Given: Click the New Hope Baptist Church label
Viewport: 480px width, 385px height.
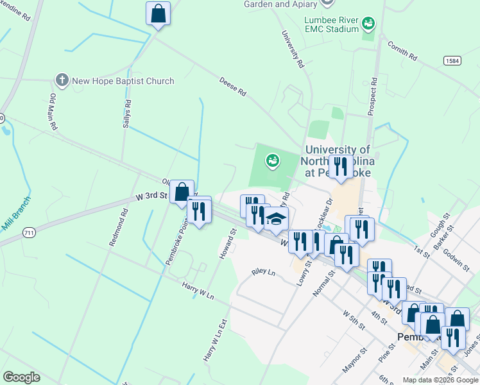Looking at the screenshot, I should click(123, 81).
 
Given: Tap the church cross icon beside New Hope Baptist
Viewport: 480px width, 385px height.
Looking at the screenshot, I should click(62, 80).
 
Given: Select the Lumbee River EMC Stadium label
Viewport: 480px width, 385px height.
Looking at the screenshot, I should click(331, 24).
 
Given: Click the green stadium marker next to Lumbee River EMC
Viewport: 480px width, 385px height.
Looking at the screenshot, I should click(368, 24).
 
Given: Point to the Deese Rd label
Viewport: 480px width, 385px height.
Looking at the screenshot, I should click(233, 87).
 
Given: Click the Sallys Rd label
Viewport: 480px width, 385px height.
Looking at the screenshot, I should click(127, 114).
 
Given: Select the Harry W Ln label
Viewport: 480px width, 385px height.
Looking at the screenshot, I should click(197, 289).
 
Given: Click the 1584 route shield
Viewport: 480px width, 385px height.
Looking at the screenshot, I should click(452, 60).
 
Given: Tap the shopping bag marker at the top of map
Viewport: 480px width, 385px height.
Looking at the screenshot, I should click(158, 13).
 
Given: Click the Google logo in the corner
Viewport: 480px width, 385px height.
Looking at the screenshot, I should click(21, 377).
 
